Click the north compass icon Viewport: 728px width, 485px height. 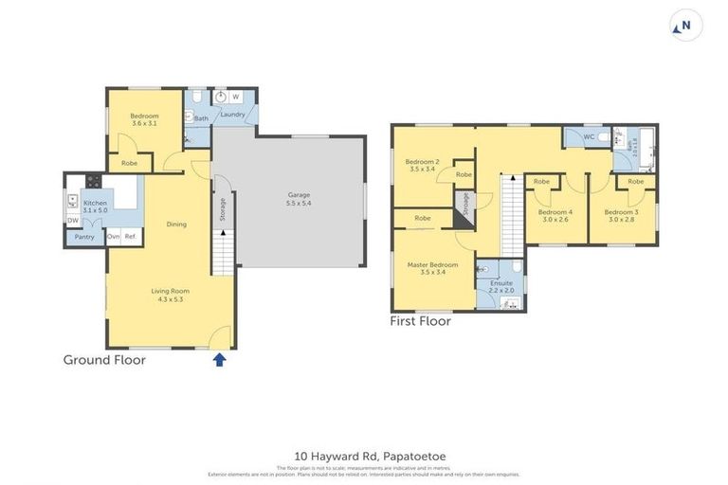[685, 26]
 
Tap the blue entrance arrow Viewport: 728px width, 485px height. [220, 359]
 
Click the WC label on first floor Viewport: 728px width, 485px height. [588, 137]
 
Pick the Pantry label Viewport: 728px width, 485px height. [85, 237]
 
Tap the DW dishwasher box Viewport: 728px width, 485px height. [73, 221]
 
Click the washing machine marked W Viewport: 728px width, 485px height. [235, 97]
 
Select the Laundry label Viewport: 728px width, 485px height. [233, 115]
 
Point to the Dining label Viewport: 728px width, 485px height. [176, 225]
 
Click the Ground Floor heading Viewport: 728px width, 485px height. [104, 360]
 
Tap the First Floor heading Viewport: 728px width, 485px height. [420, 321]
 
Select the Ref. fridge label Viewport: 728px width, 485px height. [131, 236]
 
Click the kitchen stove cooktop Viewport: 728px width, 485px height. [94, 180]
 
